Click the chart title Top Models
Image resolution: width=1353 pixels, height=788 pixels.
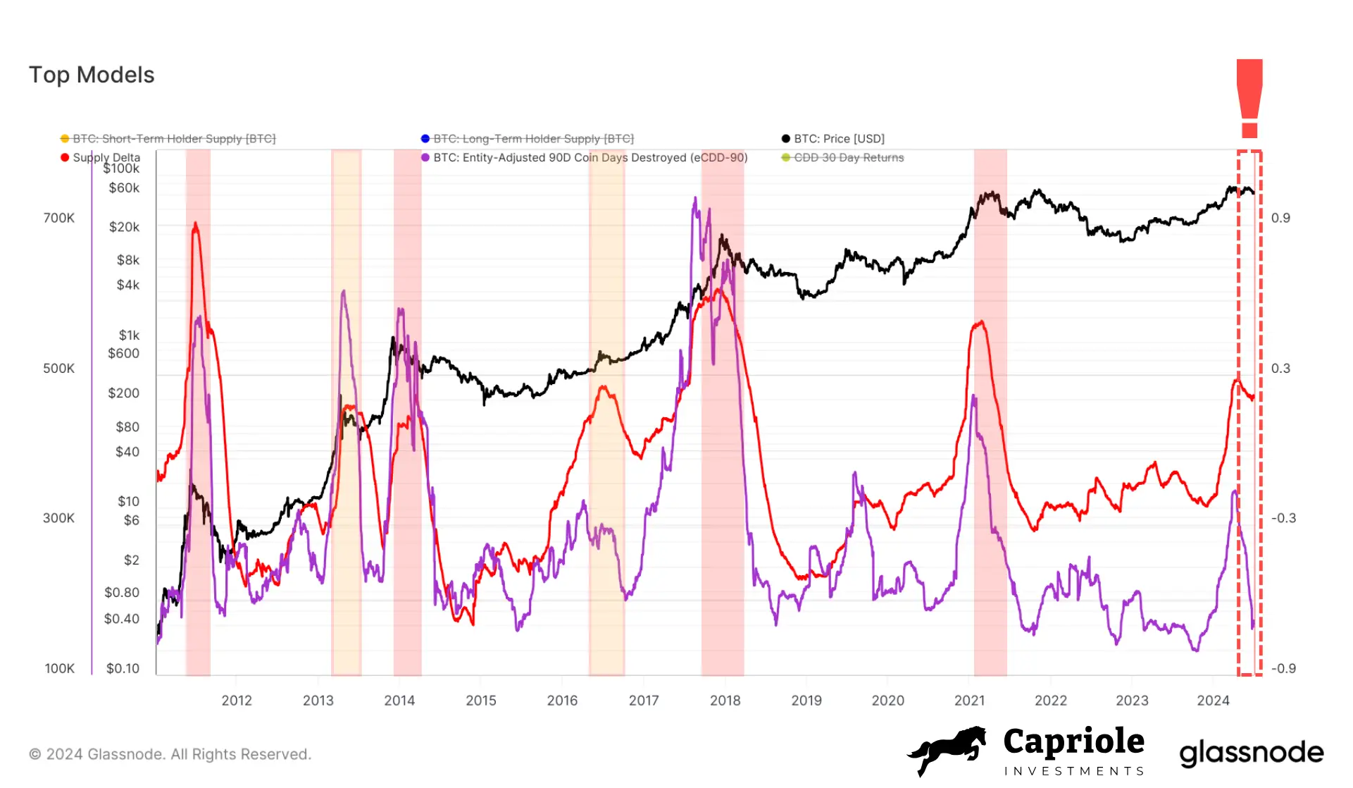point(92,75)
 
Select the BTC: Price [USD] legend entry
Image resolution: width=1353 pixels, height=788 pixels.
point(838,139)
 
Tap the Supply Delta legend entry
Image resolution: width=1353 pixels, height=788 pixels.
point(106,157)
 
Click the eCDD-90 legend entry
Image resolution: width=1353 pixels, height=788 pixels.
point(590,157)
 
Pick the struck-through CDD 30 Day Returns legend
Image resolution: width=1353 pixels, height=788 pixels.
point(848,157)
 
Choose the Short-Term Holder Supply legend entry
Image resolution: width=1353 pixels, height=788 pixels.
point(173,139)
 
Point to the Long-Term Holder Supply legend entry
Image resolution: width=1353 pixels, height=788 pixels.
point(532,139)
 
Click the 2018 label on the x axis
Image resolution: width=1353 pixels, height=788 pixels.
point(725,701)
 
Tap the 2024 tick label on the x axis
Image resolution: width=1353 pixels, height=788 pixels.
point(1213,701)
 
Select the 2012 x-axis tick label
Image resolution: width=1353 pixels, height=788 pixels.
point(237,701)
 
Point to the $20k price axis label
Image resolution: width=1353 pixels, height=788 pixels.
point(124,227)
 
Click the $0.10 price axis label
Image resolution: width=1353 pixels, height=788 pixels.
point(123,668)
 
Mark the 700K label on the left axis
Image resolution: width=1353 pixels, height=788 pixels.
point(58,218)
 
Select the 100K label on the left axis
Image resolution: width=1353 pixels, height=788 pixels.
point(59,668)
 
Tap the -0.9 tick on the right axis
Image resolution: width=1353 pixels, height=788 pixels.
point(1283,668)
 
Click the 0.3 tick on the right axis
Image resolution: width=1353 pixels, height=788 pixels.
point(1280,368)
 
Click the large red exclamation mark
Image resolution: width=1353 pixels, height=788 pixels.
point(1249,99)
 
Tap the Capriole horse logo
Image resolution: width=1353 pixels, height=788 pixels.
point(948,750)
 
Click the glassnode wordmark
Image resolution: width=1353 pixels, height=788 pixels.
point(1252,753)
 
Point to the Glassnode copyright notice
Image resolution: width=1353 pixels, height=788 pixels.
point(170,754)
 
